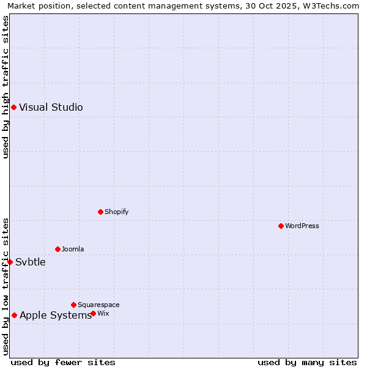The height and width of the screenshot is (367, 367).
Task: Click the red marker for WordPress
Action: tap(281, 226)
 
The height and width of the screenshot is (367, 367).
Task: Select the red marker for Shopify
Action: tap(100, 212)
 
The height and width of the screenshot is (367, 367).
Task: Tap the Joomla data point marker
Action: tap(57, 249)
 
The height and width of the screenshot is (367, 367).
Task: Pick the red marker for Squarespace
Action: tap(73, 305)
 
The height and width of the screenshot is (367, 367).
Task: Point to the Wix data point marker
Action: tap(93, 313)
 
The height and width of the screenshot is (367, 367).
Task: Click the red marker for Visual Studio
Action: tap(13, 108)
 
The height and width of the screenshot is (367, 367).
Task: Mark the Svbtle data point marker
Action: tap(10, 262)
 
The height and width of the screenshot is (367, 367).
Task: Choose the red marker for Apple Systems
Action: tap(14, 316)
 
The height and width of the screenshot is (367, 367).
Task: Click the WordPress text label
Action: tap(302, 226)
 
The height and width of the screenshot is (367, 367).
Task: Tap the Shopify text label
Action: tap(116, 212)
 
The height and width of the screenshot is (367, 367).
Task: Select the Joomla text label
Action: tap(73, 249)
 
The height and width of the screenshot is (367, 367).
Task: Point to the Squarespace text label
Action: tap(98, 305)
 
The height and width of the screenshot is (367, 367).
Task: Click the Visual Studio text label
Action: tap(51, 108)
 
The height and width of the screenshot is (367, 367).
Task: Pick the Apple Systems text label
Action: tap(56, 316)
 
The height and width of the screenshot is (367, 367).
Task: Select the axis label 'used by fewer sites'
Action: tap(63, 362)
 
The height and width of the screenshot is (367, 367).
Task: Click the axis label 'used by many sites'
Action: tap(307, 362)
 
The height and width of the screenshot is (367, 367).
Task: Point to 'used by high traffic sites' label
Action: tap(6, 87)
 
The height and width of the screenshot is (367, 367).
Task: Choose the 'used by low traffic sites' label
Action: tap(6, 286)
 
